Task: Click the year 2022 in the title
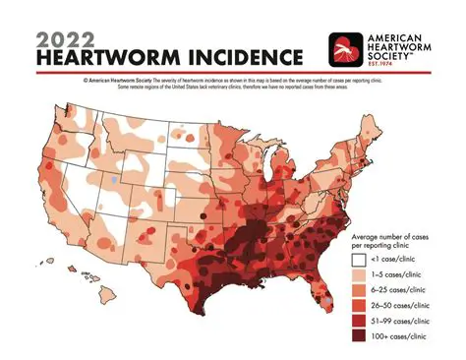(67, 37)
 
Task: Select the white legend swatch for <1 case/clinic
(359, 259)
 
